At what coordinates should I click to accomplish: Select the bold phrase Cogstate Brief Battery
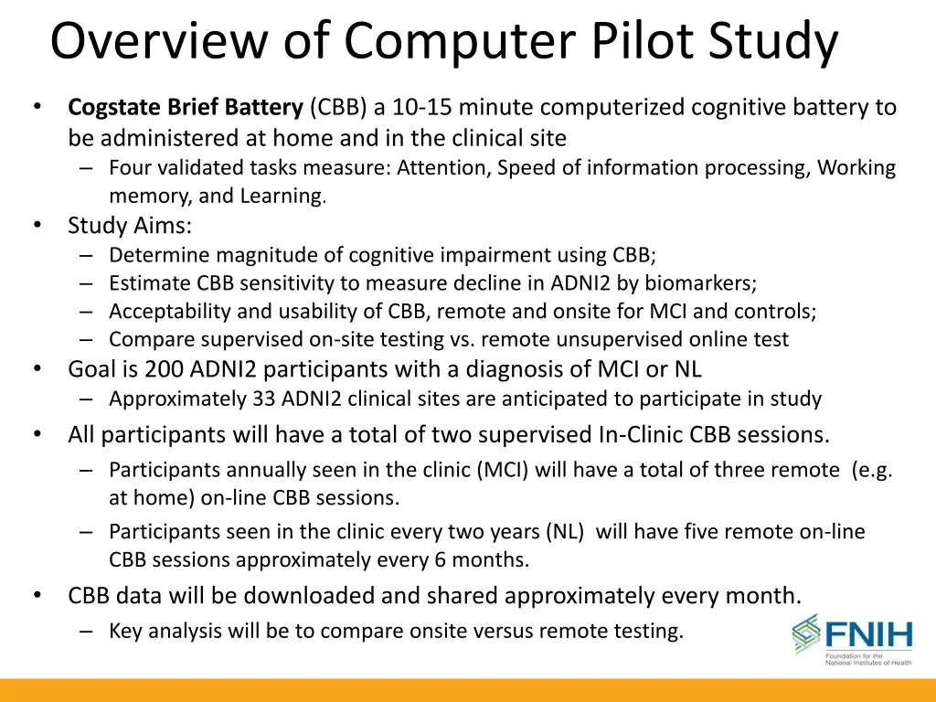coord(185,108)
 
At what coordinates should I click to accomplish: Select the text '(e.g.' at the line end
coord(871,470)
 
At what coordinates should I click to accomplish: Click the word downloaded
coord(309,596)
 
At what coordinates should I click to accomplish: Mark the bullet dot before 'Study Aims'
coord(37,224)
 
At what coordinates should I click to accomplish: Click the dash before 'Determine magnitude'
coord(86,255)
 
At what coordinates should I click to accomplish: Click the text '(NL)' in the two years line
coord(568,532)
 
